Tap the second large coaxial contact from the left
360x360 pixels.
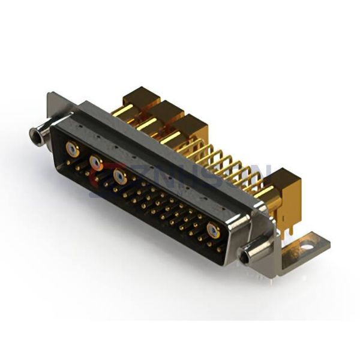pos(95,161)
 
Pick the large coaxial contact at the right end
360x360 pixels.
pos(213,230)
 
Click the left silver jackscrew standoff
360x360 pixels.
pos(37,134)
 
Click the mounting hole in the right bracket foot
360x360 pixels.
pos(308,245)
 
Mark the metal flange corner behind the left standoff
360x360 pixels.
pos(53,102)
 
